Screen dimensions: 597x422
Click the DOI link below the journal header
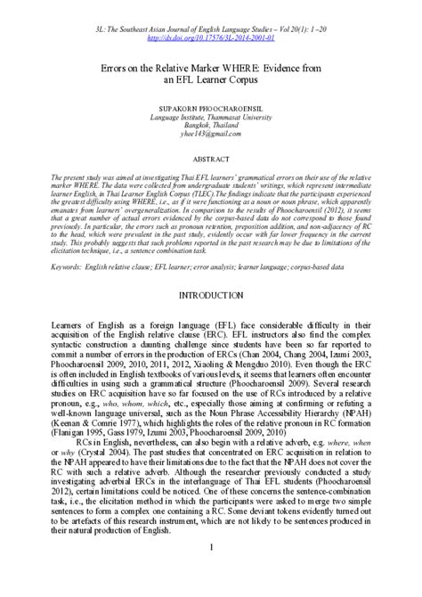click(211, 39)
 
